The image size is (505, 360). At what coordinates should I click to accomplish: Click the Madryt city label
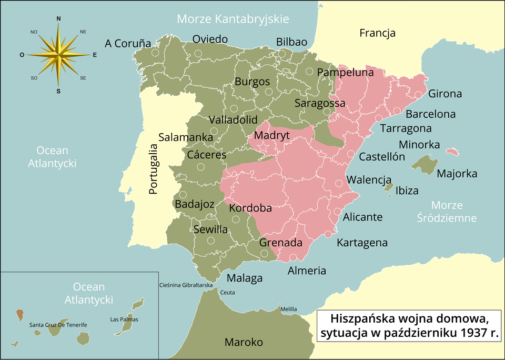click(x=272, y=136)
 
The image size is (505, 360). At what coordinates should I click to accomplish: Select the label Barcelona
click(x=431, y=114)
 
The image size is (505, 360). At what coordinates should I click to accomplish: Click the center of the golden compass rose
click(x=58, y=54)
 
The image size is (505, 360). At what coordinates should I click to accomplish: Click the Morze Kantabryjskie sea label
click(x=233, y=19)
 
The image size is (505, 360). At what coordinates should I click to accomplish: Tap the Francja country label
click(x=377, y=34)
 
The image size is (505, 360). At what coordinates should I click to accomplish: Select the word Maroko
click(x=244, y=342)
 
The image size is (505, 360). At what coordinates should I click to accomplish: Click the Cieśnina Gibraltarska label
click(x=186, y=285)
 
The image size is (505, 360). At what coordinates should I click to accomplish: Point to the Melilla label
click(x=289, y=309)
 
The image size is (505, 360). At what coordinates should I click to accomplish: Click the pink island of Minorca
click(x=452, y=152)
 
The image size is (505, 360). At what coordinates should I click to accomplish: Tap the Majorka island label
click(x=457, y=174)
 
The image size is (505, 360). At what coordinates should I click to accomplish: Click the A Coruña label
click(x=128, y=43)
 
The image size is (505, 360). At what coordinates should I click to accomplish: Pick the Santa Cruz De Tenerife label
click(x=58, y=325)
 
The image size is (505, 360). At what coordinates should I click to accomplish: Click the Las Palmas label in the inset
click(x=125, y=319)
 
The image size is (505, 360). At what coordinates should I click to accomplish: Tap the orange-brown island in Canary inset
click(x=20, y=315)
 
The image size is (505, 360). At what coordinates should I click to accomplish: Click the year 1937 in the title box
click(x=472, y=333)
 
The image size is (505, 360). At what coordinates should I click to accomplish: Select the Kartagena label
click(x=362, y=243)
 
